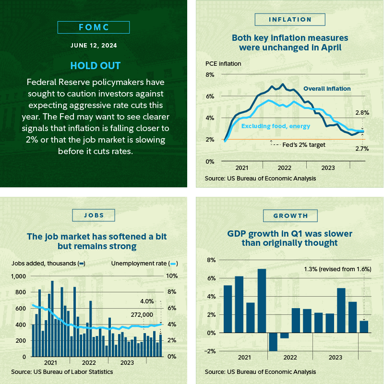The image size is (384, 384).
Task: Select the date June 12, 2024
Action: tap(94, 47)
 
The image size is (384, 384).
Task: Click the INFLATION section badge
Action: tap(290, 20)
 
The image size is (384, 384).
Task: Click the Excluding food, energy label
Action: tap(276, 126)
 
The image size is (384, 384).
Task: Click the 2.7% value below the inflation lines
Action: tap(362, 149)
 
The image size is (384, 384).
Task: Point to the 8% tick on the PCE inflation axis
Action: tap(210, 75)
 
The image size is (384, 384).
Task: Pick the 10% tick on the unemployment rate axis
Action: tap(172, 276)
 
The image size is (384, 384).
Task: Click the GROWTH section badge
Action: tap(290, 216)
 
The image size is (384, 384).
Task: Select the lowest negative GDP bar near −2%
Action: tap(273, 342)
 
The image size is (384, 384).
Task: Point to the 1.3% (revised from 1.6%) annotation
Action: tap(338, 269)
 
